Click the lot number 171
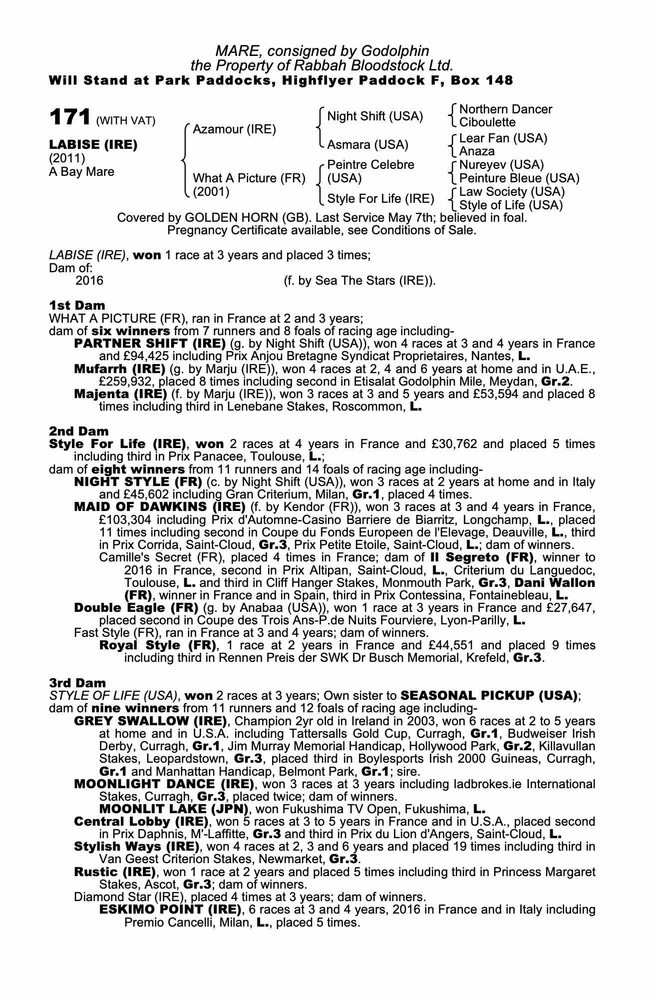(x=69, y=118)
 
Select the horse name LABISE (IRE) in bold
(x=93, y=145)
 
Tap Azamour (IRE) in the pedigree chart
(x=234, y=129)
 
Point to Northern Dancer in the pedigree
(x=505, y=109)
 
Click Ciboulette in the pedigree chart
(x=487, y=122)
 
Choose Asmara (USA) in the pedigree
(x=367, y=145)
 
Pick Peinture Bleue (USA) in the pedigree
(x=519, y=178)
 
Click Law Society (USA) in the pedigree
(x=512, y=192)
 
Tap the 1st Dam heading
(x=77, y=305)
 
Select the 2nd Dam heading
(x=78, y=431)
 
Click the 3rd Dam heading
(x=77, y=683)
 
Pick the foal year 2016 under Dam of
(x=89, y=281)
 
